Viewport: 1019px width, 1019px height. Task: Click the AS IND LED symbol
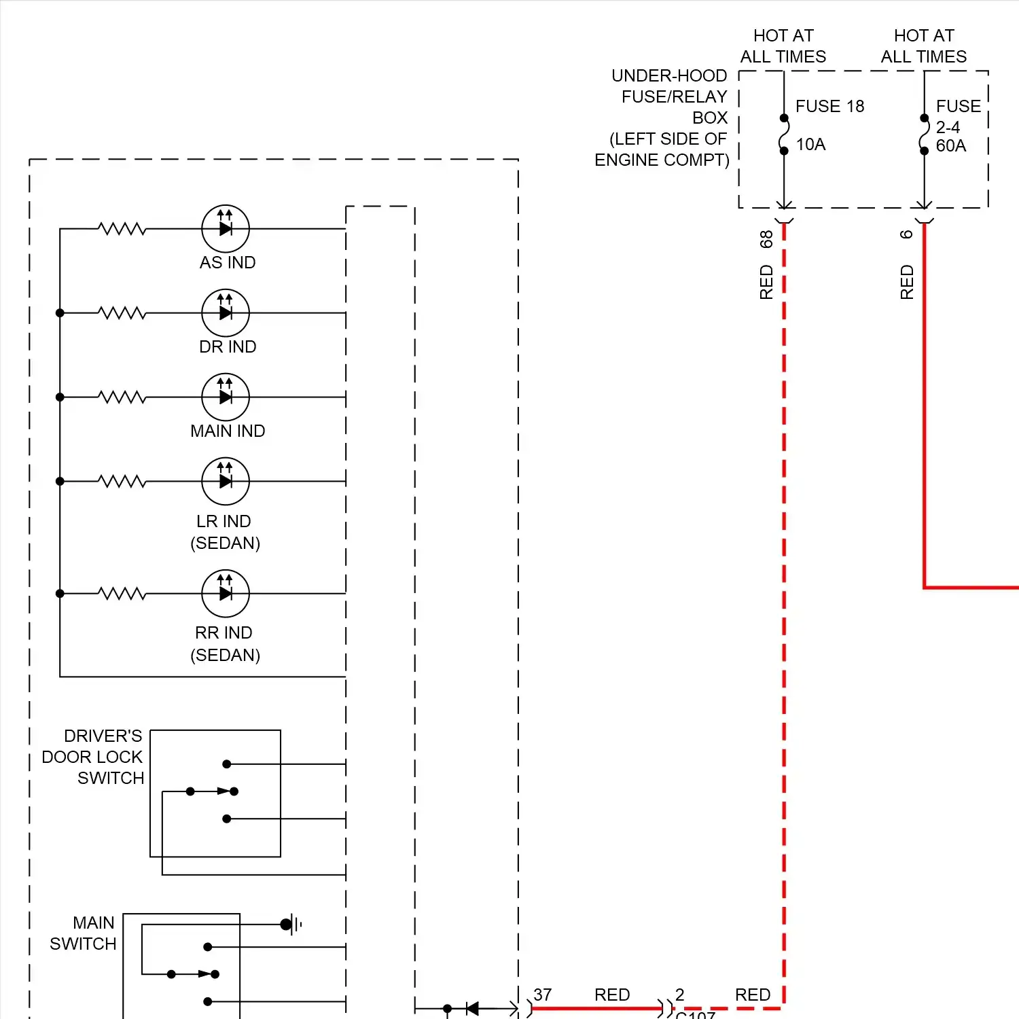tap(226, 228)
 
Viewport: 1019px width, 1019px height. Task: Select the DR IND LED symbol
tap(226, 312)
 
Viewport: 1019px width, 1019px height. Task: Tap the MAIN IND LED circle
tap(226, 397)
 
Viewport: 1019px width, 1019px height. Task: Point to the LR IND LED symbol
tap(226, 481)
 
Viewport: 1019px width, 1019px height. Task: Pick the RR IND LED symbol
tap(226, 593)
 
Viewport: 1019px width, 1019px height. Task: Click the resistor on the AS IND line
tap(122, 228)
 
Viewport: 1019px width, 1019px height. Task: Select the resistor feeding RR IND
tap(122, 593)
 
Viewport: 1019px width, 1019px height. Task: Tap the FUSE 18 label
tap(829, 106)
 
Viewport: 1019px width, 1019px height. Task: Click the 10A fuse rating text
tap(810, 144)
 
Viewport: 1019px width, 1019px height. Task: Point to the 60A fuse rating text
tap(950, 145)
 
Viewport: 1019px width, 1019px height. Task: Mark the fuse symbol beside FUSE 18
tap(784, 135)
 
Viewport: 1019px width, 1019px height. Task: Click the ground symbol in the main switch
tap(290, 924)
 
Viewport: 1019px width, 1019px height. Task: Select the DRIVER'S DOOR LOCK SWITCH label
tap(93, 757)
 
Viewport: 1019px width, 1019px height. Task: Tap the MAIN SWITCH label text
tap(84, 933)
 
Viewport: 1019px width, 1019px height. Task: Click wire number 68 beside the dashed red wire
tap(766, 239)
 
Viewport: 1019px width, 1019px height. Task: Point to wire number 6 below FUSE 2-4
tap(907, 234)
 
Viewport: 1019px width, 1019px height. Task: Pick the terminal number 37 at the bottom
tap(542, 995)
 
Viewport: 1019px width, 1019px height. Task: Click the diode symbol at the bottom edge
tap(472, 1009)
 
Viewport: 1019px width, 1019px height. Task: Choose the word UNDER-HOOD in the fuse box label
tap(669, 75)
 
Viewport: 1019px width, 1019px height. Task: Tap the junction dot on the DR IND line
tap(60, 312)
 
